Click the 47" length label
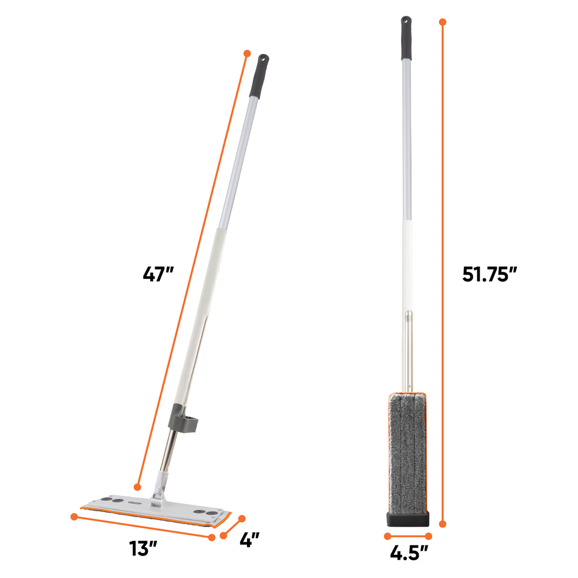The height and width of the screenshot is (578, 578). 158,274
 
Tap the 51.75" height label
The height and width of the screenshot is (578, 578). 489,274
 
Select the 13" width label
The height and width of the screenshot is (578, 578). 144,549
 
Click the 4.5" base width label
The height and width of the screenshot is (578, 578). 408,552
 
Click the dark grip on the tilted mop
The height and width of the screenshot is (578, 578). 259,77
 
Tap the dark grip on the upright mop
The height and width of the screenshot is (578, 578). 406,39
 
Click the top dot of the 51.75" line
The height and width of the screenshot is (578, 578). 443,22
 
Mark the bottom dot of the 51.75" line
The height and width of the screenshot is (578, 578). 443,523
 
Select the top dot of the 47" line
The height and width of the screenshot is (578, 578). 247,53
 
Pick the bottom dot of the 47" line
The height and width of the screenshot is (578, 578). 138,486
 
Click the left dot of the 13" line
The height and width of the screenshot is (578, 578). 74,517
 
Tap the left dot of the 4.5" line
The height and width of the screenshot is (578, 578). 388,536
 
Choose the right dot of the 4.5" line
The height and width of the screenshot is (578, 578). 429,536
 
